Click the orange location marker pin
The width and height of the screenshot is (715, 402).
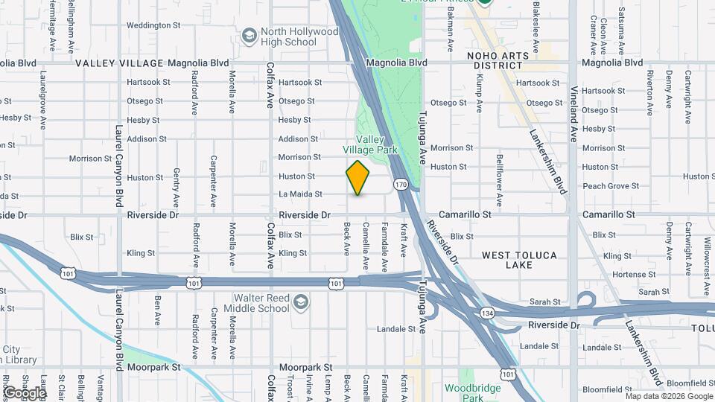(358, 178)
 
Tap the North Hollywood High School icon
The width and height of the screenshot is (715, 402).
(250, 34)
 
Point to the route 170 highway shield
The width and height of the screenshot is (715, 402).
(401, 184)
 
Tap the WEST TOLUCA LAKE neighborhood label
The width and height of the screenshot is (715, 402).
(519, 260)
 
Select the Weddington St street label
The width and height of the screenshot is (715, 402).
(149, 25)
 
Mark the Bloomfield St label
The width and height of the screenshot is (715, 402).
(606, 389)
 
